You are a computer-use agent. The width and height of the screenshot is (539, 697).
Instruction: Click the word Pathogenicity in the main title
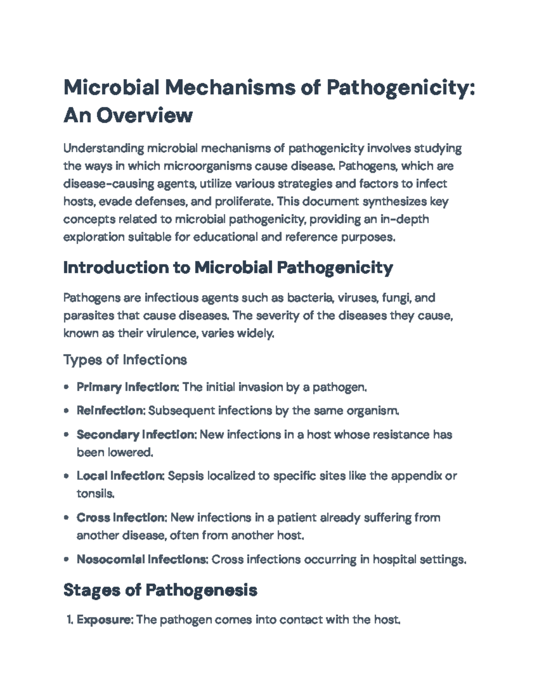[400, 87]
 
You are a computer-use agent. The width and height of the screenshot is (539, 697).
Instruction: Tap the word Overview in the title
[144, 115]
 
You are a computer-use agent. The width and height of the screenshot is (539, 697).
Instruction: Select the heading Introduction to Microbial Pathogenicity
[228, 268]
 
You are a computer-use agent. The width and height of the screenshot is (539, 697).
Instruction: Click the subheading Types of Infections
[125, 360]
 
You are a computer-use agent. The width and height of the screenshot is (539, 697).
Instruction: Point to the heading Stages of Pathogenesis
[160, 590]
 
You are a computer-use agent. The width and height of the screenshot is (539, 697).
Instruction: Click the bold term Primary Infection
[127, 387]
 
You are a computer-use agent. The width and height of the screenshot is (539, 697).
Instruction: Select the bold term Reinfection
[110, 411]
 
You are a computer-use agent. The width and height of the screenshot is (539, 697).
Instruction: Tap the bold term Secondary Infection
[136, 435]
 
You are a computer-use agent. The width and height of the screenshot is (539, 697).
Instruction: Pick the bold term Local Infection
[120, 476]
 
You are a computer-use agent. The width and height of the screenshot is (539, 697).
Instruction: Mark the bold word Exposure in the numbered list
[104, 620]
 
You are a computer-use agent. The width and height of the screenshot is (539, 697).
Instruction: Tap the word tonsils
[95, 494]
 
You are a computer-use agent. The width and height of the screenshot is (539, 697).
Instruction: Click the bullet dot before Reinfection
[66, 411]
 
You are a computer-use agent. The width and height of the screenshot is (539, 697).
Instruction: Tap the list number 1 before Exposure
[69, 620]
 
